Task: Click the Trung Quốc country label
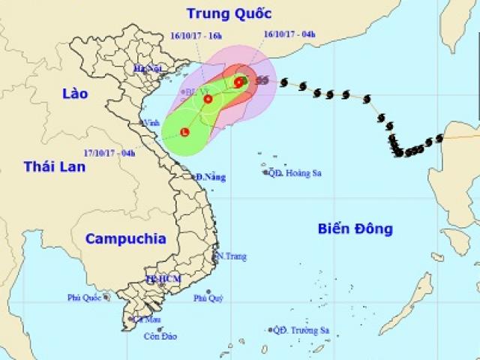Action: pyautogui.click(x=229, y=13)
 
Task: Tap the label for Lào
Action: pyautogui.click(x=75, y=94)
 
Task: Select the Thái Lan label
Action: pyautogui.click(x=54, y=166)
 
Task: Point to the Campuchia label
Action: pyautogui.click(x=125, y=238)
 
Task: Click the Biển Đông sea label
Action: pyautogui.click(x=355, y=229)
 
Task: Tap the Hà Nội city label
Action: pyautogui.click(x=148, y=68)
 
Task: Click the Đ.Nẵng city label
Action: pyautogui.click(x=211, y=177)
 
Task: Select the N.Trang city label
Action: pyautogui.click(x=231, y=256)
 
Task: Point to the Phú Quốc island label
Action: pyautogui.click(x=84, y=298)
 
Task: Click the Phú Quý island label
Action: pyautogui.click(x=208, y=298)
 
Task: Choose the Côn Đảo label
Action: pyautogui.click(x=160, y=336)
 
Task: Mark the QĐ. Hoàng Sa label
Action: pyautogui.click(x=296, y=172)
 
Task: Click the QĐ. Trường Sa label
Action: pyautogui.click(x=300, y=330)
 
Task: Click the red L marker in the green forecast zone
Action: pyautogui.click(x=184, y=133)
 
